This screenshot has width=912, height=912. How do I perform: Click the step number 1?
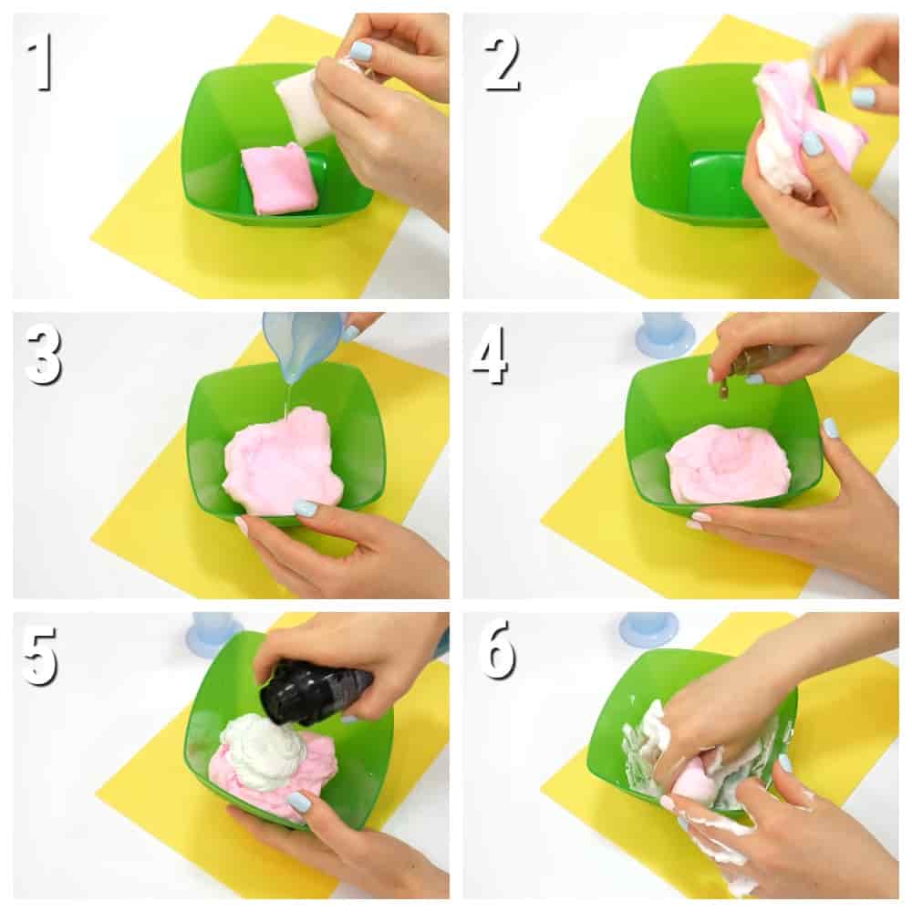tap(41, 62)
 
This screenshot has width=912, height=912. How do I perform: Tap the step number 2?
tap(502, 62)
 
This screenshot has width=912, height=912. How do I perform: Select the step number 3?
tap(44, 354)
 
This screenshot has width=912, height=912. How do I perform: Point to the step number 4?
tap(490, 354)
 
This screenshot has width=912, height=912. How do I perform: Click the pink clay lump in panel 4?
tap(727, 462)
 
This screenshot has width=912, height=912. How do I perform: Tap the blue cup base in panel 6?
tap(647, 634)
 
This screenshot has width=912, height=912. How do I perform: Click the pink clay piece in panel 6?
tap(692, 780)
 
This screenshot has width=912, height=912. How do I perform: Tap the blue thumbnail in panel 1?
tap(361, 47)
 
